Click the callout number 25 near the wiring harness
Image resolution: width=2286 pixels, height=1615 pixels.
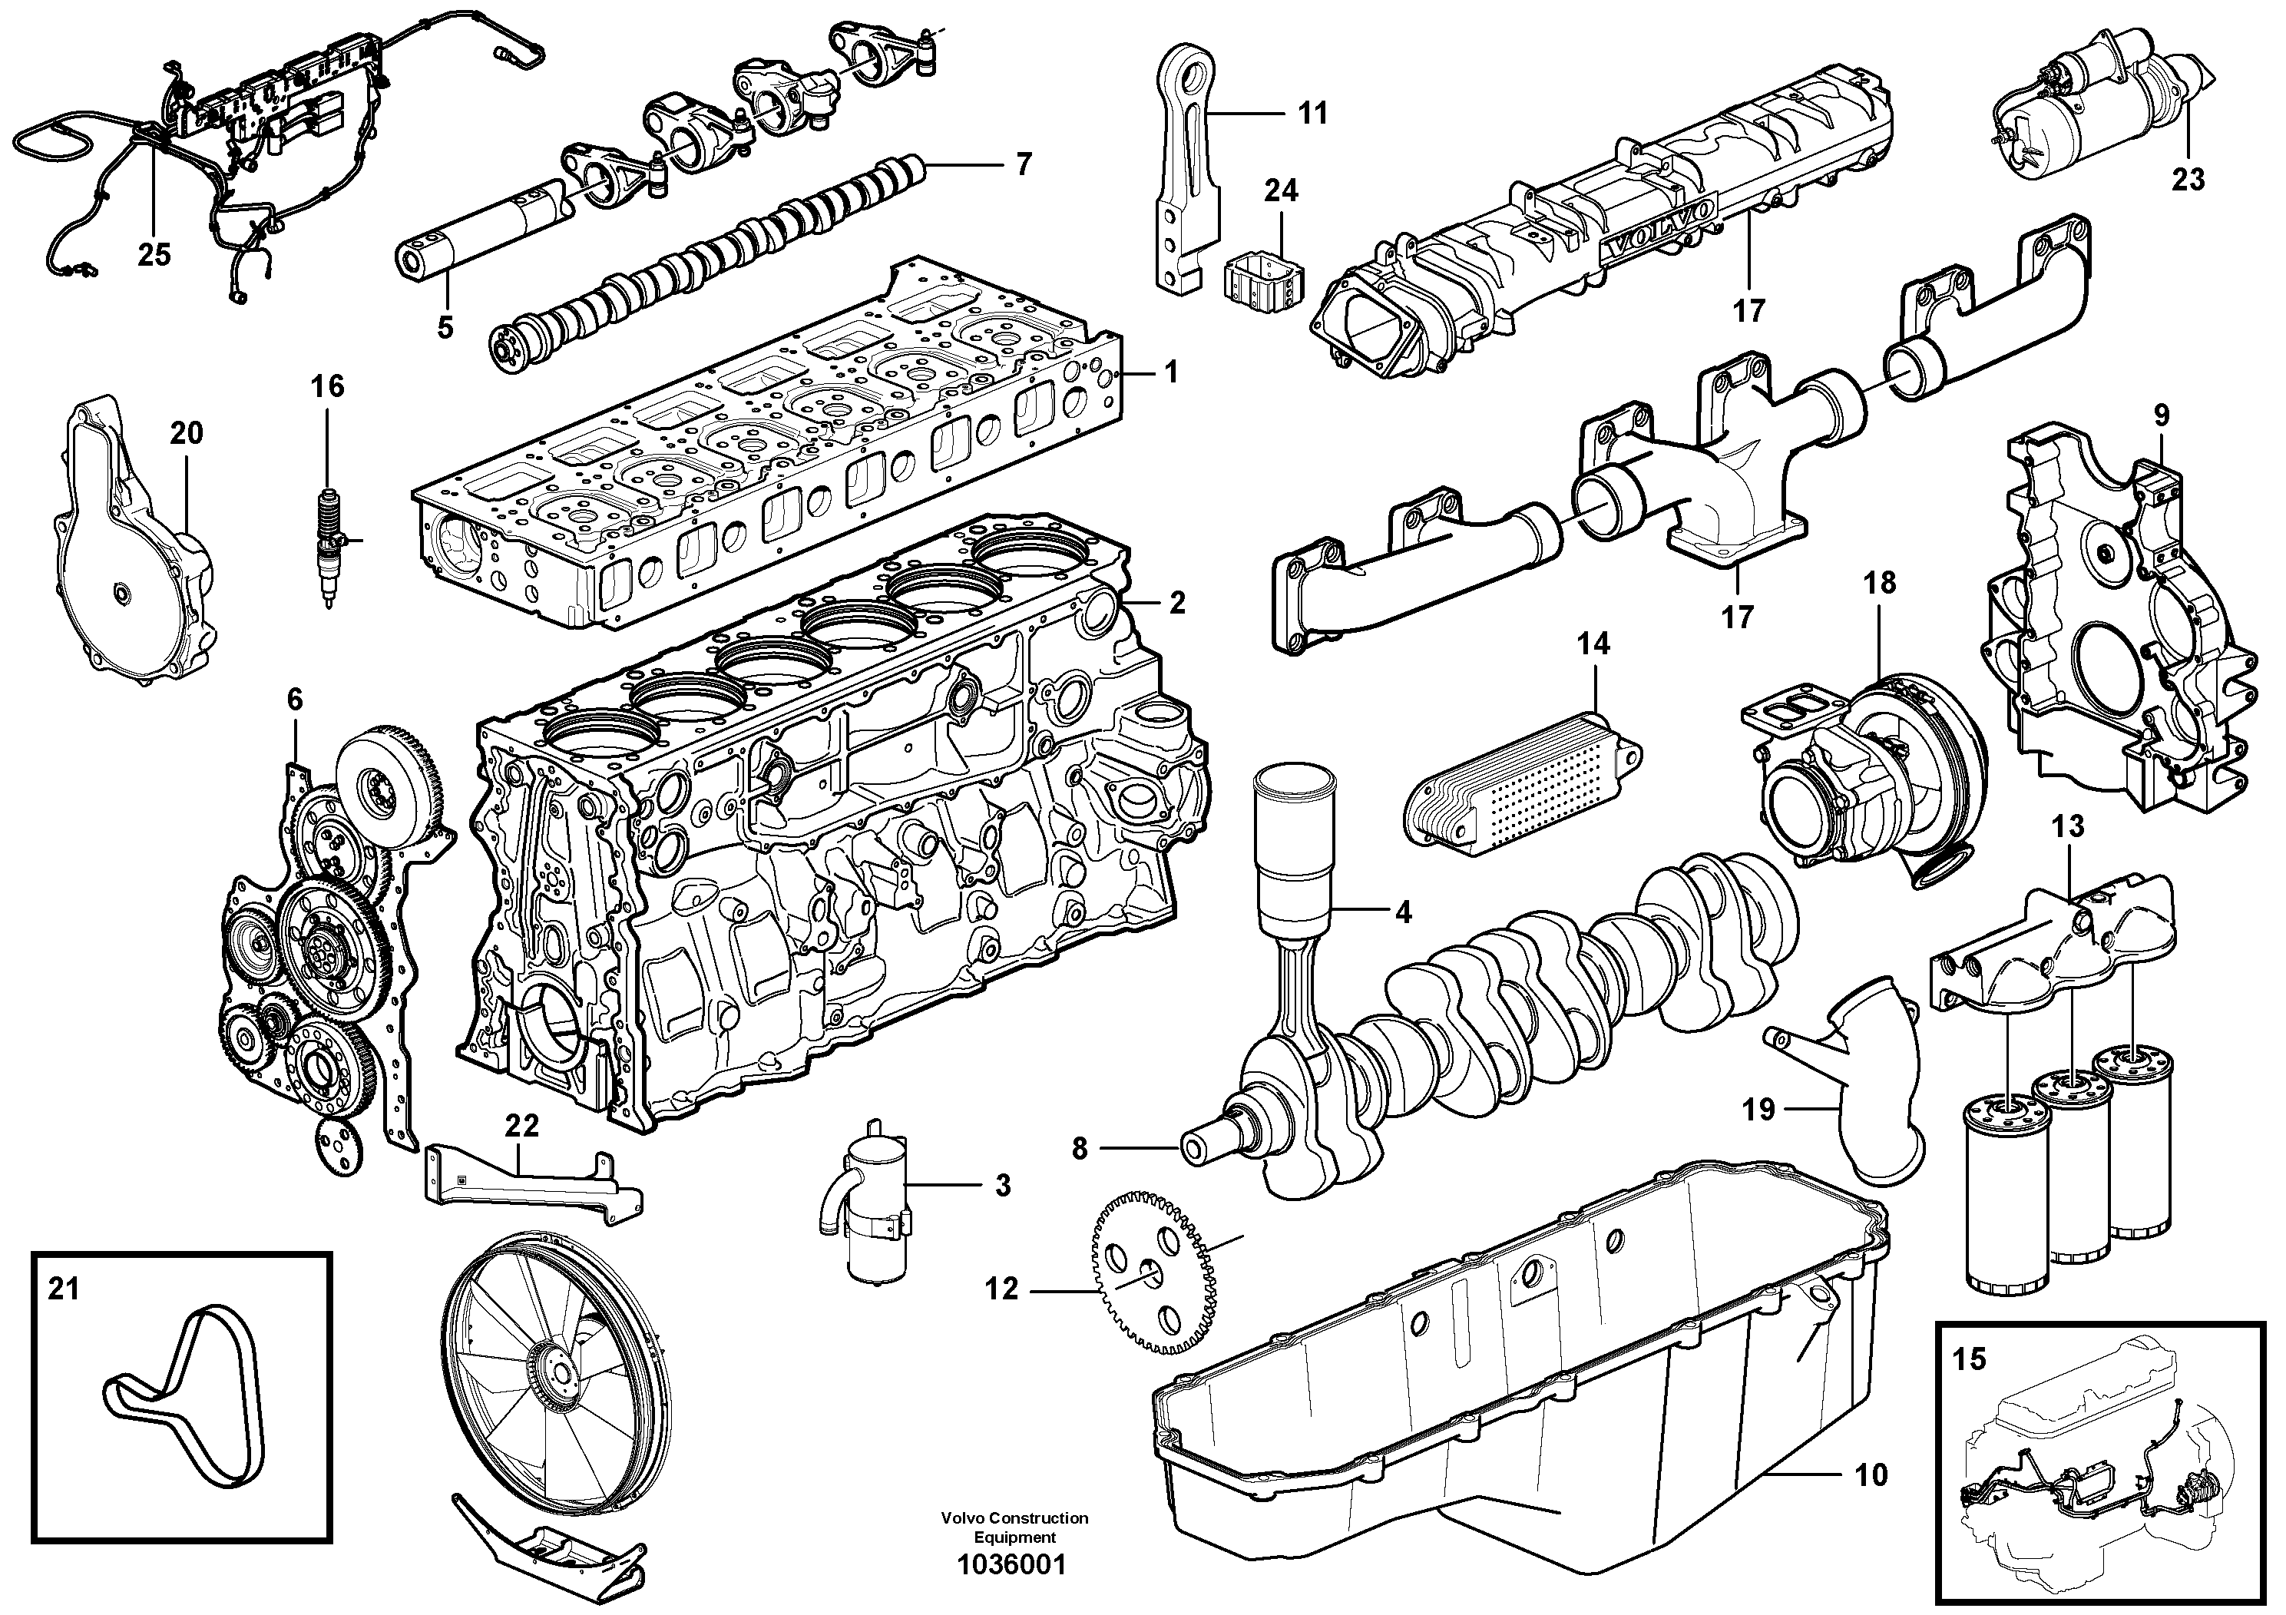tap(154, 255)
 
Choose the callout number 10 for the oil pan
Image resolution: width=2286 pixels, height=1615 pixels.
tap(1872, 1475)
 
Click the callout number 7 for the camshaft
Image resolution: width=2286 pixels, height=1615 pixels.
tap(1024, 164)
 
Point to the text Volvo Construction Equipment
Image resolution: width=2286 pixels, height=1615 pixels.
tap(1014, 1527)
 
